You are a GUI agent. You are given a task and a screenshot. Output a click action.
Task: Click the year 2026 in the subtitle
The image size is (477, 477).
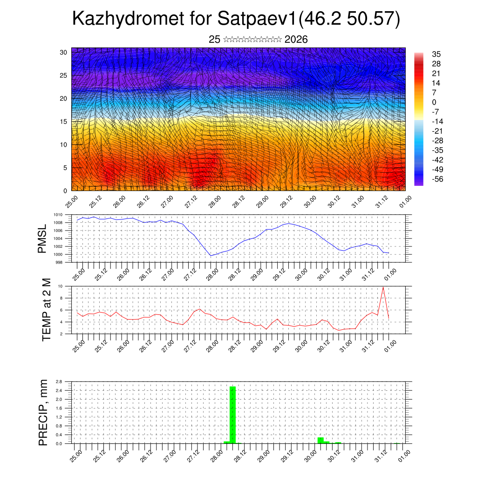point(296,40)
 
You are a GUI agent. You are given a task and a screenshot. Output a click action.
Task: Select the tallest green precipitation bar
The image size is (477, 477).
point(232,415)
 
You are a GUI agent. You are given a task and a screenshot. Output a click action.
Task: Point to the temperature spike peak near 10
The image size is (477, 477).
point(383,287)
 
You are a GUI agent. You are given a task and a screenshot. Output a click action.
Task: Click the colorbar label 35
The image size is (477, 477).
point(436,54)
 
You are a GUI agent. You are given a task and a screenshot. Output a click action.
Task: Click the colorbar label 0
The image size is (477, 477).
point(434,102)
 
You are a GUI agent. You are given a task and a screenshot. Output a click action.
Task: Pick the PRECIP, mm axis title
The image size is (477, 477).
point(43,412)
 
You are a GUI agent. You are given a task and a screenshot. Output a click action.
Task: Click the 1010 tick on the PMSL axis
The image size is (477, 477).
point(58,215)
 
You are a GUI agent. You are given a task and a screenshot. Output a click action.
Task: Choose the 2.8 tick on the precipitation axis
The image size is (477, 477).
point(59,382)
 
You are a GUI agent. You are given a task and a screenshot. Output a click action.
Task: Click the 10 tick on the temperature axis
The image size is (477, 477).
point(60,286)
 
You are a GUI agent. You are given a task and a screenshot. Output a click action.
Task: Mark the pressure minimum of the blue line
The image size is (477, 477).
point(211,255)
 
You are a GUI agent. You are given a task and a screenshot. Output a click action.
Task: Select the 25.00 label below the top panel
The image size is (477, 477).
point(72,201)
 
